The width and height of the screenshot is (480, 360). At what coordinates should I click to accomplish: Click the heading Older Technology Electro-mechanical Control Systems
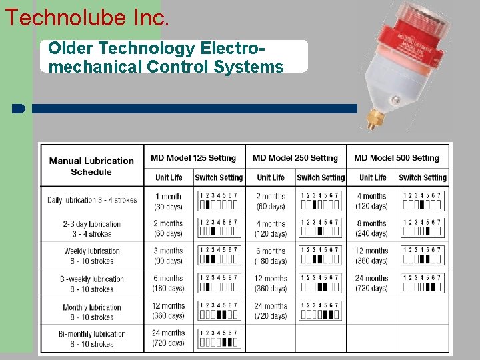167,57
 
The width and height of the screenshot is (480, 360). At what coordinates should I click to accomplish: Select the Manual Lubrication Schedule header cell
91,166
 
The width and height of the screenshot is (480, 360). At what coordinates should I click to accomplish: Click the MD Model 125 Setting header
193,158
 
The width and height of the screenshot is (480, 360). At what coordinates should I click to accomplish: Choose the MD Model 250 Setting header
295,158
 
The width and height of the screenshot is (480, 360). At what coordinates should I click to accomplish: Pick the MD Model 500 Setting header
397,158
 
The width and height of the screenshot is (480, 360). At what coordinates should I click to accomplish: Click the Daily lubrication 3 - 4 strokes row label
92,200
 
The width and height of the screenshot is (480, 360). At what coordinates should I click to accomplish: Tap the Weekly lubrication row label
92,256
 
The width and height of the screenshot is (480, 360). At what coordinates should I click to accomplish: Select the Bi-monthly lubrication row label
92,339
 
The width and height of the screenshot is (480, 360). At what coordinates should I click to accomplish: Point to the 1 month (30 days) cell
169,201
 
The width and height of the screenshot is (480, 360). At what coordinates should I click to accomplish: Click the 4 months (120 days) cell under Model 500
372,201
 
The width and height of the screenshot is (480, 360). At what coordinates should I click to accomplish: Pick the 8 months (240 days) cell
372,229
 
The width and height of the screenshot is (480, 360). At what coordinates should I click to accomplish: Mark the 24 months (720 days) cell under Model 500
372,283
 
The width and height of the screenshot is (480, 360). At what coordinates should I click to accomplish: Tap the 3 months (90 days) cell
169,256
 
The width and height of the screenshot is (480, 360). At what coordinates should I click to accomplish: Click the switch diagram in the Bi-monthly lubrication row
219,338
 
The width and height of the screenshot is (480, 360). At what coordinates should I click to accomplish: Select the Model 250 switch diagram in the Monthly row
321,311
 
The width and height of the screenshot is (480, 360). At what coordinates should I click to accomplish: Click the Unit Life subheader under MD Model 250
271,177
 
